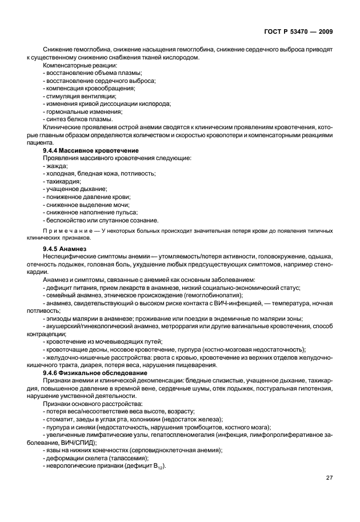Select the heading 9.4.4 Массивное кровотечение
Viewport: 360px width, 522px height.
coord(91,150)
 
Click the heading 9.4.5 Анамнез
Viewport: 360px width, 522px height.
coord(64,249)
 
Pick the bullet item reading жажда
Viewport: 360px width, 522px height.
coord(55,165)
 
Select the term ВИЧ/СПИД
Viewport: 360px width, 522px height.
coord(81,442)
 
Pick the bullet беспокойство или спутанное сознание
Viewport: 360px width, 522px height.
coord(101,220)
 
